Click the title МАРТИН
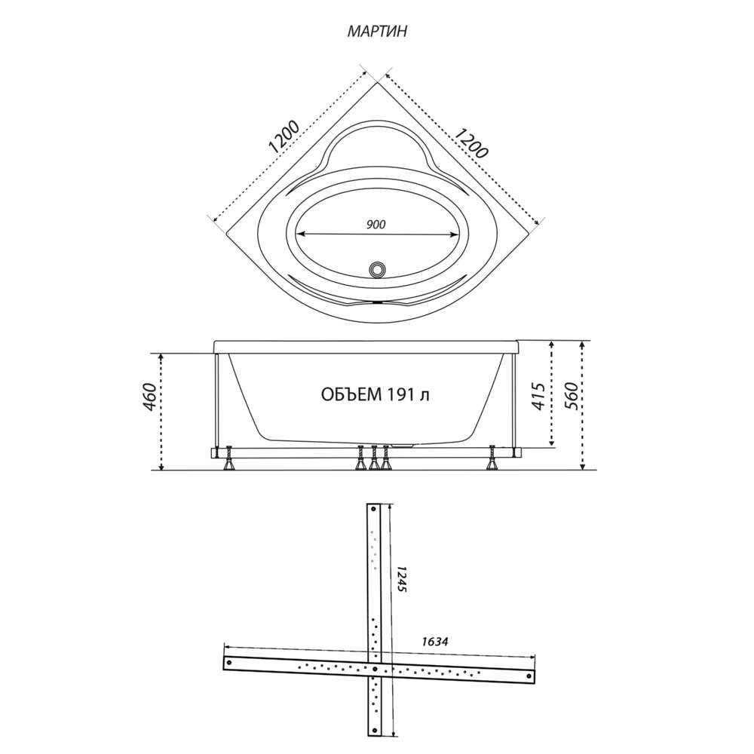click(x=377, y=31)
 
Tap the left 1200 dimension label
click(x=284, y=137)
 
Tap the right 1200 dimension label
click(x=471, y=143)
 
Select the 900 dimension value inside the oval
click(x=375, y=224)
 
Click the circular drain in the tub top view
click(x=376, y=269)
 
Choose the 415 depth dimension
click(x=539, y=397)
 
